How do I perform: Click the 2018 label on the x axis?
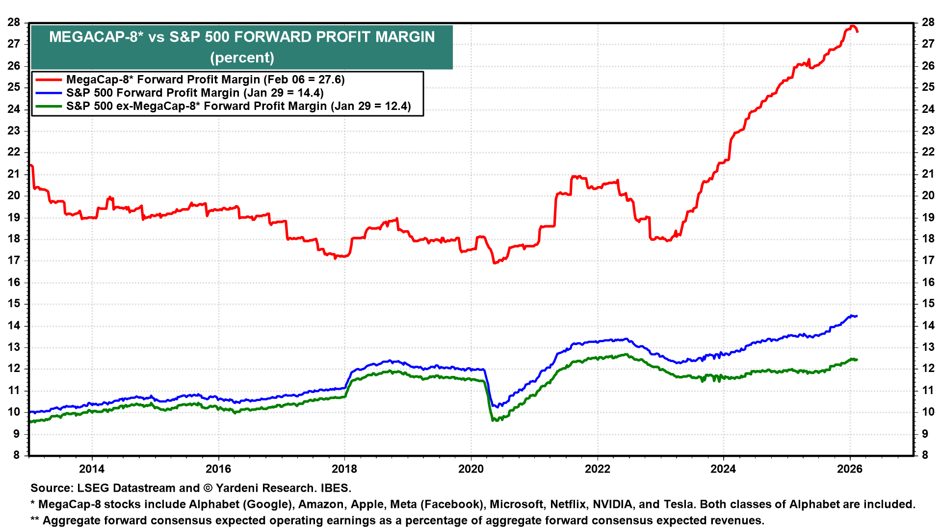(344, 469)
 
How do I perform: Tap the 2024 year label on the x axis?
(723, 469)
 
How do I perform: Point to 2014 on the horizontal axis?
(92, 469)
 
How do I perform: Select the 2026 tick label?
(850, 469)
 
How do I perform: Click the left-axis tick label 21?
(14, 174)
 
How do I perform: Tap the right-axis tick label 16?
(928, 282)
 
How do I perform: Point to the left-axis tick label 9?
(17, 434)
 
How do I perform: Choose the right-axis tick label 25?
(928, 87)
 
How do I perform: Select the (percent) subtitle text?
(242, 57)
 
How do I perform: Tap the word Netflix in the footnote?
(568, 504)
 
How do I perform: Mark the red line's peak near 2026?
(853, 26)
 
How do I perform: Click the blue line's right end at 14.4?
(857, 316)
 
